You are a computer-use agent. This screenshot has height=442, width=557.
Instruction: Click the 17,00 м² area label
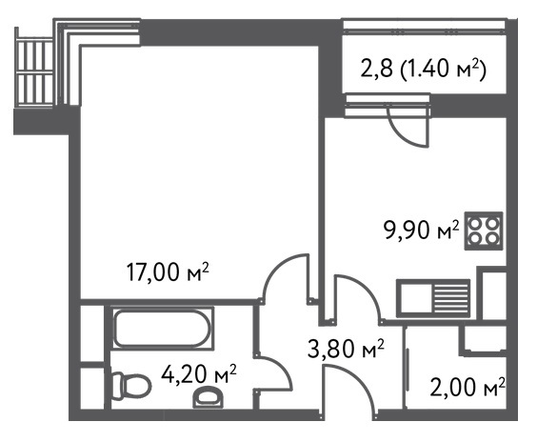pos(168,272)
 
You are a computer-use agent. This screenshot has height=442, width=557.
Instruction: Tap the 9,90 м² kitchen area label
pos(421,230)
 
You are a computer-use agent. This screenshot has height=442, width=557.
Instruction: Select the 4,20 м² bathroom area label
pos(199,374)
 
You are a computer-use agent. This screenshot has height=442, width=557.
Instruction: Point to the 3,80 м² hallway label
pos(346,349)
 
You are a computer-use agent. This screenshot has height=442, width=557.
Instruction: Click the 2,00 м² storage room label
pos(467,387)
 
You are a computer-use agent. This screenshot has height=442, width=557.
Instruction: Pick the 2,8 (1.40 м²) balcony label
pos(423,69)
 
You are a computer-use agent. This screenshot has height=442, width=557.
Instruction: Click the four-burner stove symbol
pos(484,231)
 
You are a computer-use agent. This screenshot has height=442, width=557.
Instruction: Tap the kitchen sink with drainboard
pos(434,298)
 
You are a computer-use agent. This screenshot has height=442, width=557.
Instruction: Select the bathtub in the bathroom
pos(163,328)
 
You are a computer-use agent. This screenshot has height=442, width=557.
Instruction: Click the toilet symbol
pos(130,387)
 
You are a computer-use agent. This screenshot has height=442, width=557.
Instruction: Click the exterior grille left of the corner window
pos(34,71)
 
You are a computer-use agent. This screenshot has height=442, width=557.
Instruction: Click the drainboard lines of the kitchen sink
pos(450,298)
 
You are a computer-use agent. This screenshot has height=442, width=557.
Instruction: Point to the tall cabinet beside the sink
pos(493,293)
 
